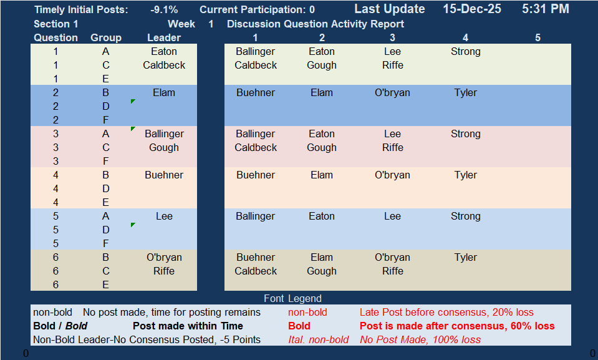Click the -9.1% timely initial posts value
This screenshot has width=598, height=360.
click(164, 9)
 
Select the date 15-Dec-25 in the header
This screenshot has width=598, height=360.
click(472, 9)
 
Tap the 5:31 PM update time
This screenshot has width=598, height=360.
click(546, 9)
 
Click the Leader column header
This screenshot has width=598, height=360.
click(164, 38)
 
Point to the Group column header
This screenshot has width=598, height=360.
click(105, 38)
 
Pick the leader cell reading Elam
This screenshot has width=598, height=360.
click(164, 93)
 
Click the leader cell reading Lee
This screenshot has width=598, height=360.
click(164, 216)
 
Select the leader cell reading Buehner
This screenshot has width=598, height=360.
click(164, 175)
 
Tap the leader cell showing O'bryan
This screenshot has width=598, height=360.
click(164, 258)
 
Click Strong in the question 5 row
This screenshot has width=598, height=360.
click(465, 216)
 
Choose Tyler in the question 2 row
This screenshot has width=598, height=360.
click(465, 93)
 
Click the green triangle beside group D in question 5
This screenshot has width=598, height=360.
click(133, 225)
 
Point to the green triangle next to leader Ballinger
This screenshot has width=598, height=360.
click(133, 129)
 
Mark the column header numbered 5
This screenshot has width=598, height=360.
click(538, 38)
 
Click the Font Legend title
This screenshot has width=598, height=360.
click(292, 298)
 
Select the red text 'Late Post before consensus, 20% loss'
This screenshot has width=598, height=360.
click(446, 313)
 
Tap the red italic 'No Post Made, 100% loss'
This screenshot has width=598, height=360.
click(420, 340)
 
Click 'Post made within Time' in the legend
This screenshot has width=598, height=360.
click(188, 326)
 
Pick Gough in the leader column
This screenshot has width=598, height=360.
click(164, 148)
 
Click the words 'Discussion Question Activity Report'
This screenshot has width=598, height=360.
click(316, 24)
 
